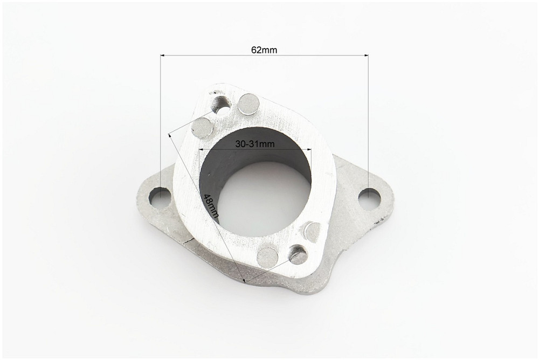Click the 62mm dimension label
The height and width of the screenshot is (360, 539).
coord(264,50)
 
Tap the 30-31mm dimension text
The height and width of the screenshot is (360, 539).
coord(255,144)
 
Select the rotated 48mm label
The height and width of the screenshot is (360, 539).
coord(211,206)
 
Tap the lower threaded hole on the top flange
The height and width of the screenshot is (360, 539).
coord(298,254)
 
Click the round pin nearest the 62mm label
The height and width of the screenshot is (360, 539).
coord(248,104)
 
